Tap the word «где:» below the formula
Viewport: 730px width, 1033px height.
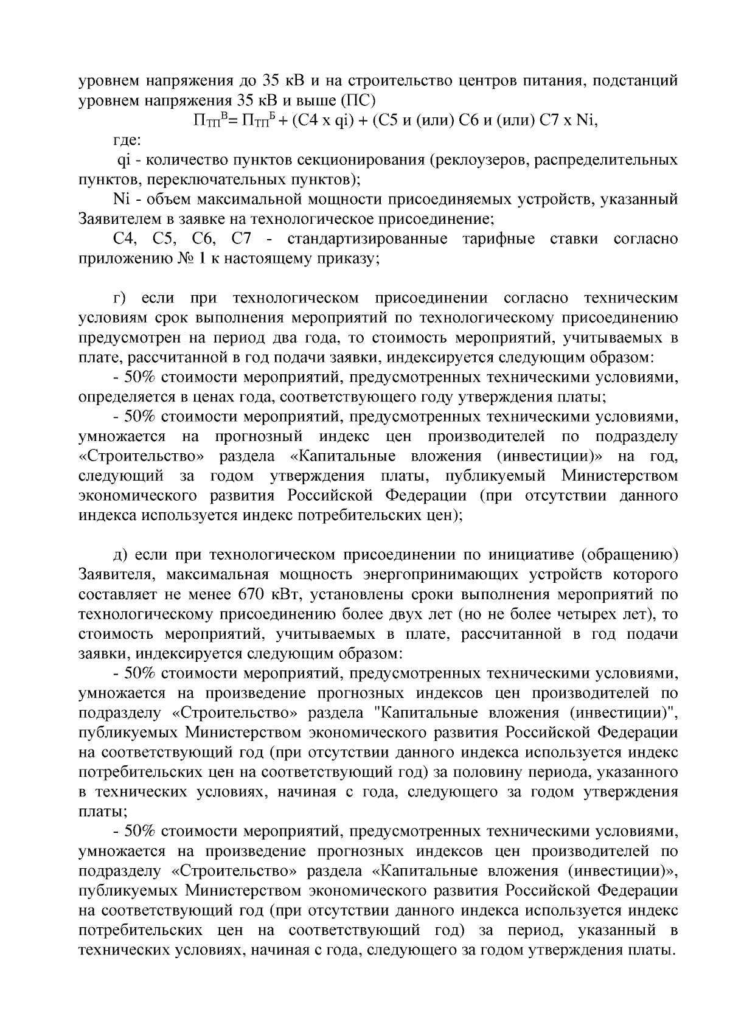(x=128, y=140)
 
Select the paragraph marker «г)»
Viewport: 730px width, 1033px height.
(x=120, y=299)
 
